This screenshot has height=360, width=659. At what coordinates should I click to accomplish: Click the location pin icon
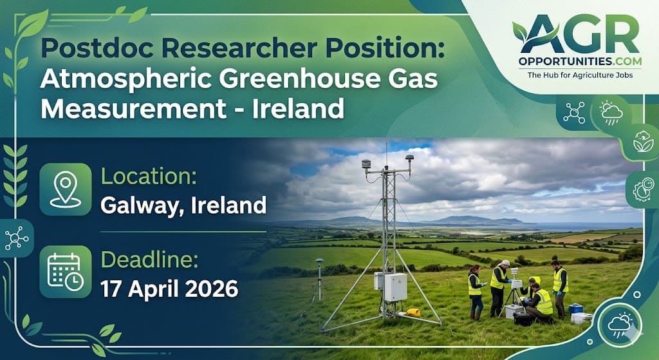pyautogui.click(x=65, y=189)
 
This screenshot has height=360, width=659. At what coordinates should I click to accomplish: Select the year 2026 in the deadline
pyautogui.click(x=209, y=289)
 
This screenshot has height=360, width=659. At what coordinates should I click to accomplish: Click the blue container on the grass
pyautogui.click(x=575, y=308)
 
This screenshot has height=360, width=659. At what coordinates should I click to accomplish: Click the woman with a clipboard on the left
pyautogui.click(x=475, y=291)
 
